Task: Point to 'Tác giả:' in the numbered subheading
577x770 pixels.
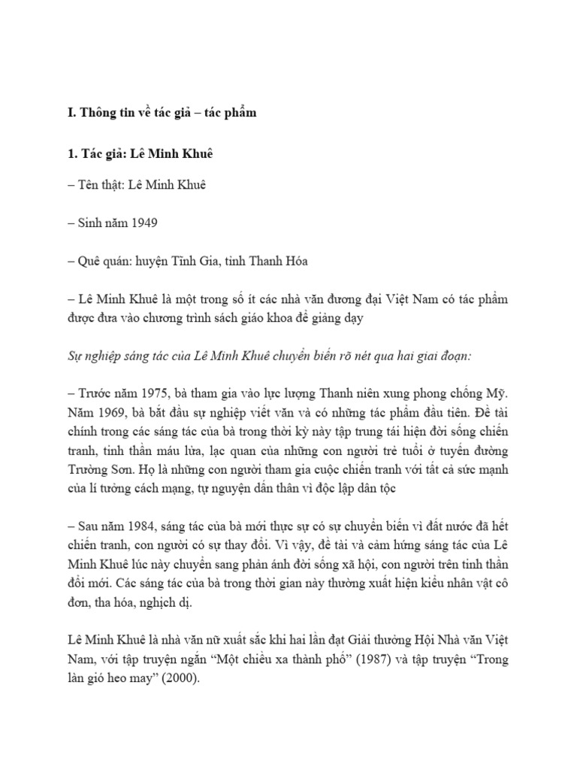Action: [x=101, y=150]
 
